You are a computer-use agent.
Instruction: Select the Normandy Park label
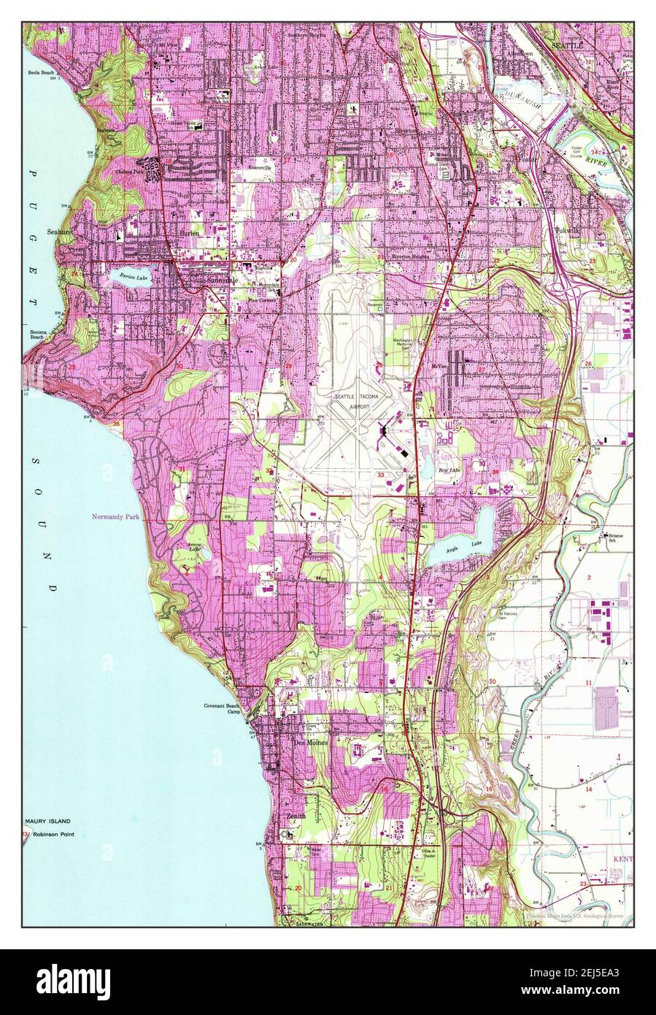point(115,517)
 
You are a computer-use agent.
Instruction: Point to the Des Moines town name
point(310,742)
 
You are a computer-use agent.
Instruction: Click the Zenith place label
point(296,816)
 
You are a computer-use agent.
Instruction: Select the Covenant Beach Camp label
point(221,710)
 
